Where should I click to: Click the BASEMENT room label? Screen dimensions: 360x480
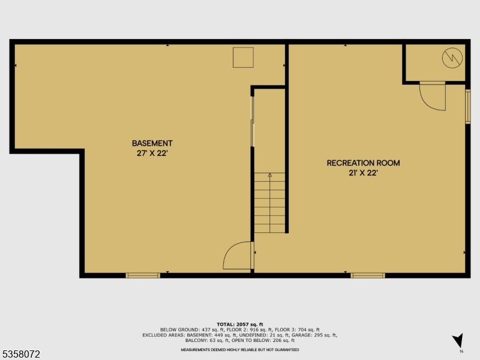point(152,143)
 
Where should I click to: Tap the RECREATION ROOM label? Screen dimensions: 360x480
point(363,163)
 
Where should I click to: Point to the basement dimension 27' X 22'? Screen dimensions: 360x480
point(152,153)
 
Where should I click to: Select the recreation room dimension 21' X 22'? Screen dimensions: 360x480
point(363,173)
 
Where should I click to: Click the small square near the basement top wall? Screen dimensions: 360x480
point(243,58)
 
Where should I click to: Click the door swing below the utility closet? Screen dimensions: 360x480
point(432,96)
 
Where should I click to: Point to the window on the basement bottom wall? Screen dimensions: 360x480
point(143,275)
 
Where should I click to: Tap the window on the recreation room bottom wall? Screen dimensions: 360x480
point(368,275)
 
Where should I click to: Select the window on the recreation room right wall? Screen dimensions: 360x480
point(468,107)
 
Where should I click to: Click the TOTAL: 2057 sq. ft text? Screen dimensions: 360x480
point(239,324)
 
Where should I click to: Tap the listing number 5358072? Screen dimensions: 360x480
point(21,354)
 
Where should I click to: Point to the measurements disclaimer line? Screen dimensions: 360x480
point(239,350)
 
